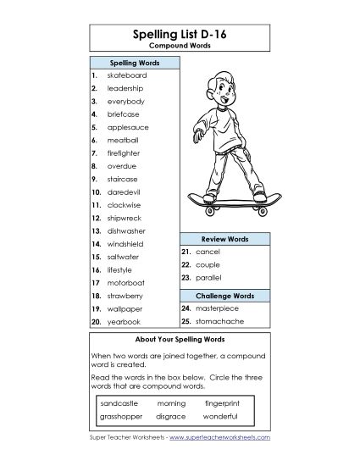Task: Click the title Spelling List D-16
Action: click(x=180, y=35)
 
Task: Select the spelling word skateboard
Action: click(x=127, y=75)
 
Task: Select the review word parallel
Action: click(x=208, y=278)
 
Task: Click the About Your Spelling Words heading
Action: click(x=180, y=340)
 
